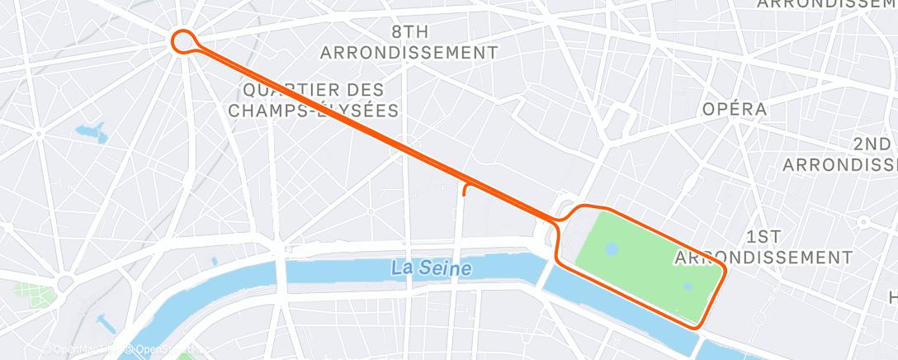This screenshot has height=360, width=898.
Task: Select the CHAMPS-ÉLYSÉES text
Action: point(314,110)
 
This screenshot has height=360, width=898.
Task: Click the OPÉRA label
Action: point(735,109)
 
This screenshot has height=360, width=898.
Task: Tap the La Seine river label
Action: point(432,268)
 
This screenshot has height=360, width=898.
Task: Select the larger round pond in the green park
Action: point(612,248)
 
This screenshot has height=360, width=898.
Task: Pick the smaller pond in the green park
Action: point(688,287)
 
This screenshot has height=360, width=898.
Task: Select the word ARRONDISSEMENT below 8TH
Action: point(409,53)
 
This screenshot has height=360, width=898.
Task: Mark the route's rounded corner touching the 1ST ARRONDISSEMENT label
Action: point(722,270)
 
